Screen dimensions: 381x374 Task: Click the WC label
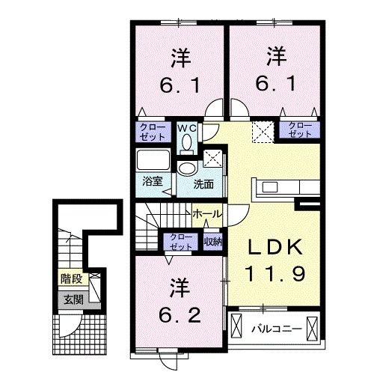187,127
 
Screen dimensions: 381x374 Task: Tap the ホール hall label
206,214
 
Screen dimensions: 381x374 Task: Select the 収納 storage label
213,241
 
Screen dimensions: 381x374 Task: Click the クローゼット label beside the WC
154,132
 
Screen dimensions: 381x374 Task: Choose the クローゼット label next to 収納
181,241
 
